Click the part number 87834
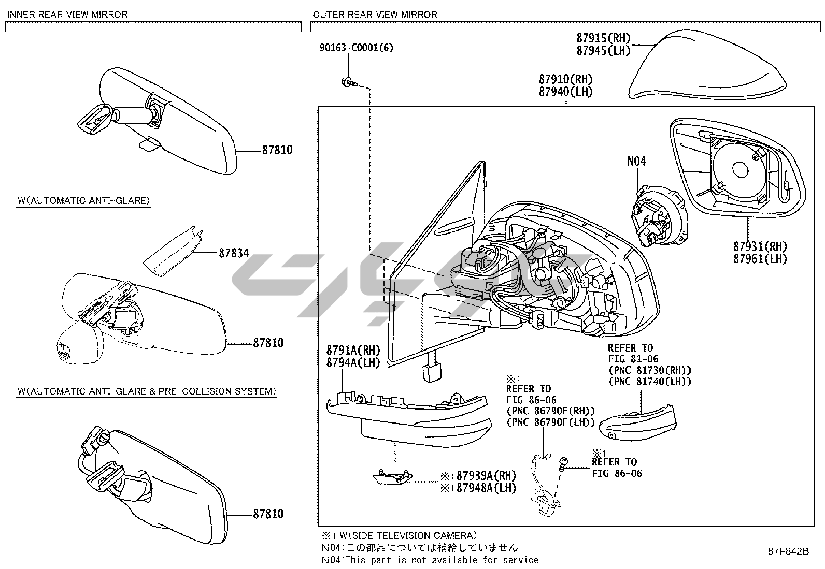click(234, 253)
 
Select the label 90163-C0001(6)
click(356, 48)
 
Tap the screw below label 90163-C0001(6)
click(349, 82)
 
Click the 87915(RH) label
click(603, 38)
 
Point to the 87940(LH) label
click(566, 92)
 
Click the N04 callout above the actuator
click(636, 161)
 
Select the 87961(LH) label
click(760, 259)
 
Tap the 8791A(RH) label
click(353, 350)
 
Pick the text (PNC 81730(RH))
click(650, 370)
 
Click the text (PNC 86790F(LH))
click(551, 422)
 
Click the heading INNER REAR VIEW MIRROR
click(68, 14)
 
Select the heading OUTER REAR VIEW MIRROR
click(375, 14)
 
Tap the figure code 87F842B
click(788, 551)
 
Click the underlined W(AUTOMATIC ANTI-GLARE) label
click(83, 200)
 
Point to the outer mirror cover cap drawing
click(707, 64)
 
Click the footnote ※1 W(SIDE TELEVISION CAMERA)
click(399, 535)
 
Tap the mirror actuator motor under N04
click(659, 215)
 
